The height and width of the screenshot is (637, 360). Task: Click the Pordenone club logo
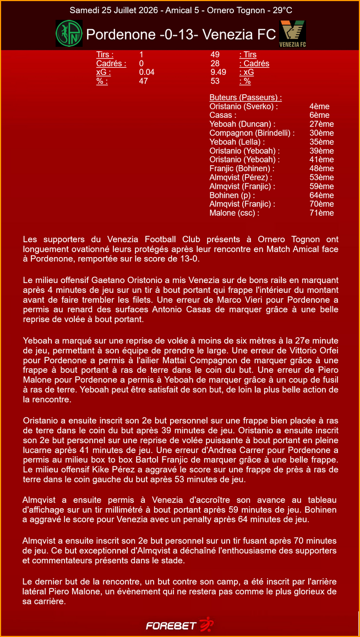click(69, 34)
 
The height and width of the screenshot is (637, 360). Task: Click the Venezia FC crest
click(293, 34)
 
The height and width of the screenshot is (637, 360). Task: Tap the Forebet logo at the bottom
click(179, 625)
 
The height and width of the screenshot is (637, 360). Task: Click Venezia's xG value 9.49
click(219, 72)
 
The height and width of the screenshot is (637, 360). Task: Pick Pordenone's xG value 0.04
click(147, 72)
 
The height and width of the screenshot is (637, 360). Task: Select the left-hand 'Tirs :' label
click(105, 55)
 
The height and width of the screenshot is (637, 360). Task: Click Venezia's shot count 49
click(215, 55)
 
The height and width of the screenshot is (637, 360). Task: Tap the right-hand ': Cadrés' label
click(254, 63)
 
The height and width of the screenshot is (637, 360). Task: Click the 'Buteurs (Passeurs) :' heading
click(246, 97)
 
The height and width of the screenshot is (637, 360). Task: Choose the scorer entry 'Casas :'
click(223, 115)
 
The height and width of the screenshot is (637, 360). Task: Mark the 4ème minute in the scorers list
click(319, 106)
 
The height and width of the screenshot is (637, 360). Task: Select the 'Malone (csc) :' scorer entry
click(234, 213)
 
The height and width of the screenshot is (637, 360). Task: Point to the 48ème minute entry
click(321, 168)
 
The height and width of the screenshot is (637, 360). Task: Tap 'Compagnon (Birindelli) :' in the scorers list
click(252, 133)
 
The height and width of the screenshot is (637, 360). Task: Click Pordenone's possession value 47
click(144, 81)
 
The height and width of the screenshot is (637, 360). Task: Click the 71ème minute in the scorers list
click(321, 213)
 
